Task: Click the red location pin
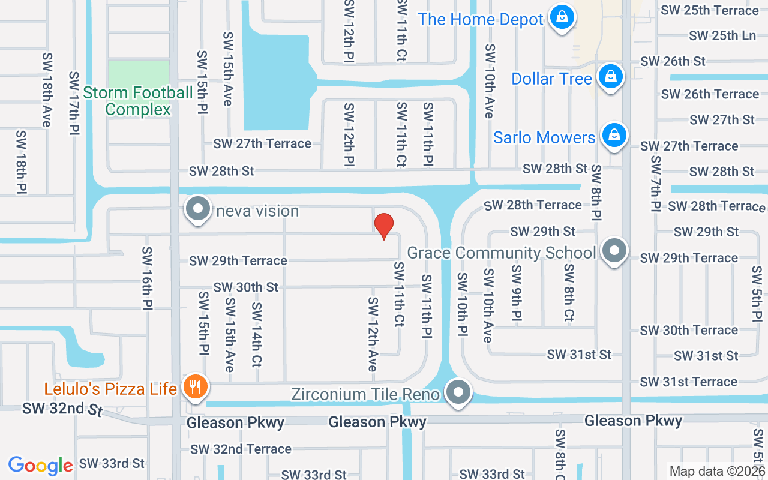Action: (x=384, y=226)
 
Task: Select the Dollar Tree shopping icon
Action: (x=610, y=77)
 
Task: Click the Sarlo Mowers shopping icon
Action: (x=614, y=136)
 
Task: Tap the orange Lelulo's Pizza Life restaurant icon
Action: (x=194, y=387)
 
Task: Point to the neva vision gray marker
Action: (x=198, y=209)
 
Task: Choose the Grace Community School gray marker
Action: (x=614, y=251)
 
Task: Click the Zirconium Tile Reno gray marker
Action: (x=459, y=392)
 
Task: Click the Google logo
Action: (x=40, y=465)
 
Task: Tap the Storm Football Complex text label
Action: (x=138, y=101)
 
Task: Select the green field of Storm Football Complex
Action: (x=138, y=73)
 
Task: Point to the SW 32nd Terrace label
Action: (x=241, y=449)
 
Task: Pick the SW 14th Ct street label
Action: (x=257, y=334)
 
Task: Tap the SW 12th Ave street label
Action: (x=373, y=334)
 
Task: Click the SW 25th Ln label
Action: (x=722, y=35)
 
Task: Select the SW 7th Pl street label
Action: (x=655, y=184)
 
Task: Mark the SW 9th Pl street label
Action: (x=517, y=293)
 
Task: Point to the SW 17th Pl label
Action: (x=74, y=103)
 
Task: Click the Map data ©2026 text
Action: (x=718, y=471)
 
